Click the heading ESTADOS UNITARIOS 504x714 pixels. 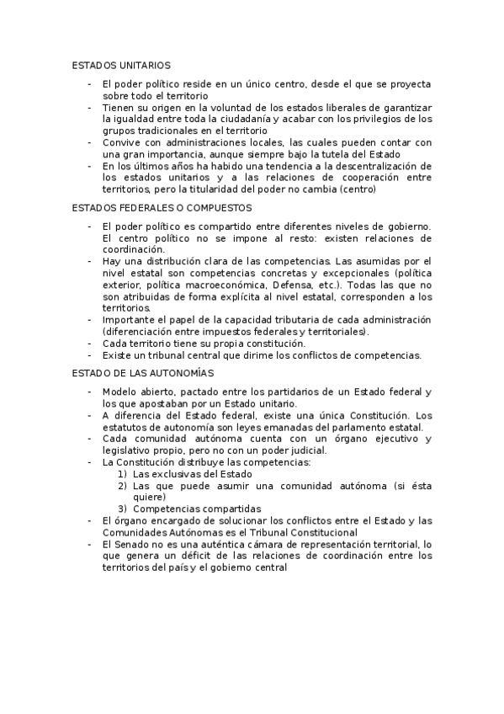(121, 65)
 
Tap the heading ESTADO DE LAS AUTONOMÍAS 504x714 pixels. (143, 372)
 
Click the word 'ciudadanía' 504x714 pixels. (241, 119)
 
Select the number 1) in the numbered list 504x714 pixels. (122, 474)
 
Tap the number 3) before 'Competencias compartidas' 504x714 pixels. (122, 509)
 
